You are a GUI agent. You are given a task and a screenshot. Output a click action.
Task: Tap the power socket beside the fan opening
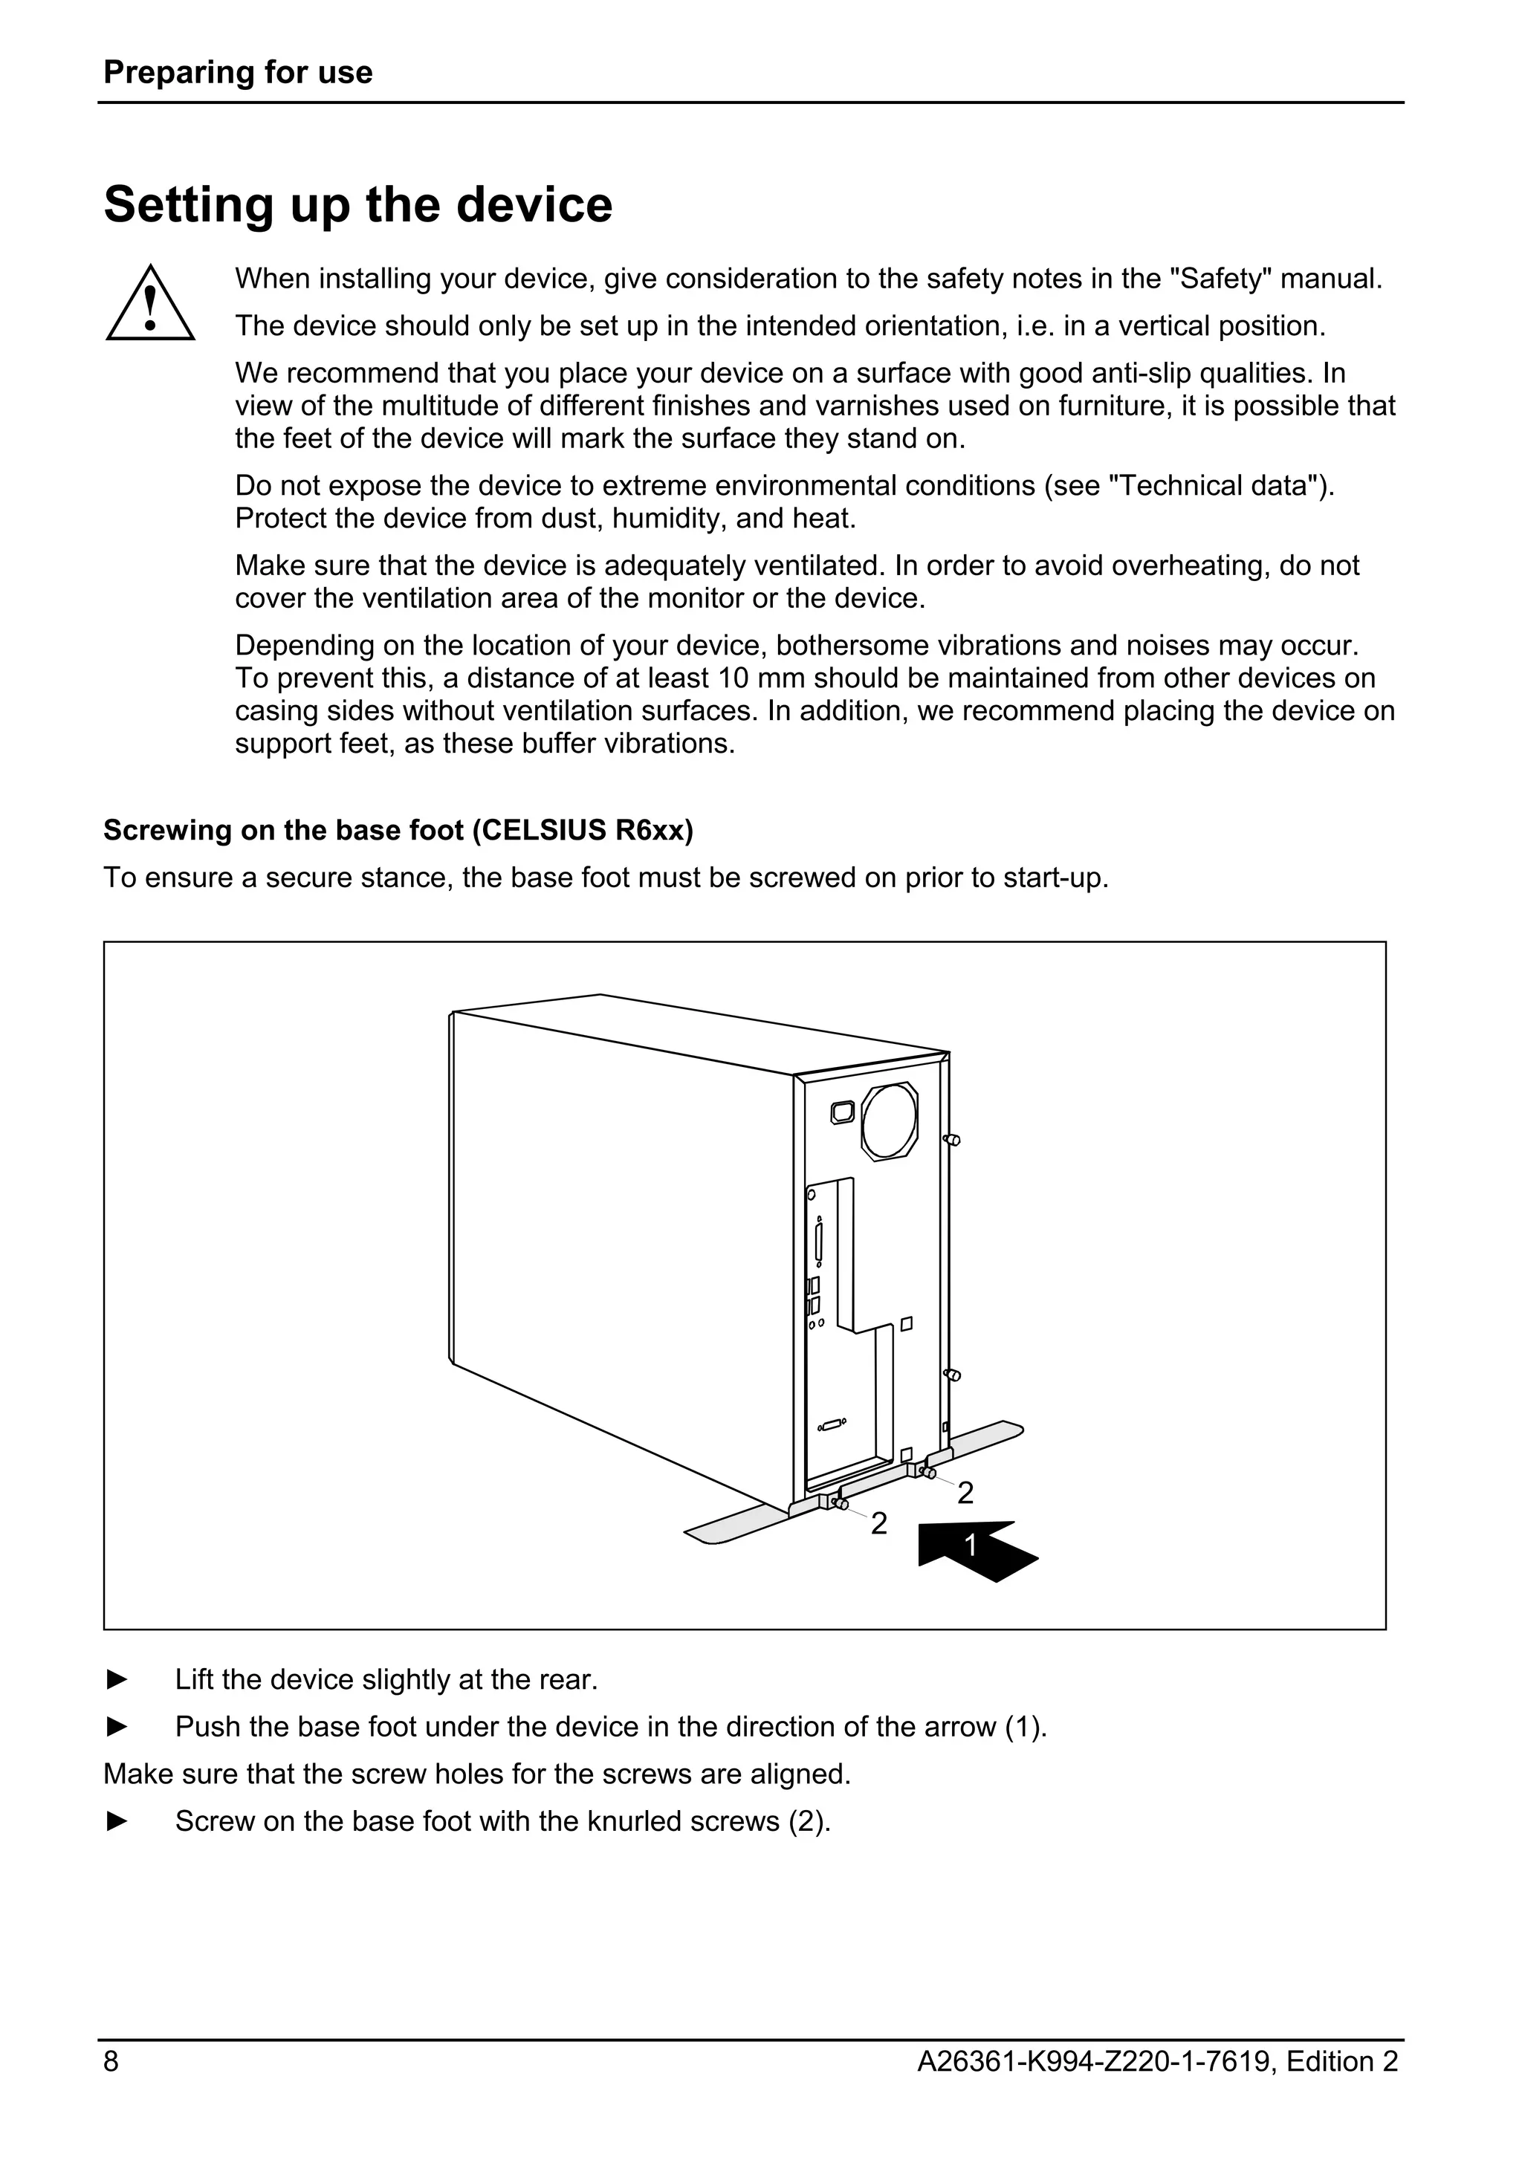[x=843, y=1112]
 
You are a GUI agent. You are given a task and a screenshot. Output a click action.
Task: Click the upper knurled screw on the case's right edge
[x=952, y=1141]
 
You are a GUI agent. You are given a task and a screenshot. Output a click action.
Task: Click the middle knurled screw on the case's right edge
[x=952, y=1375]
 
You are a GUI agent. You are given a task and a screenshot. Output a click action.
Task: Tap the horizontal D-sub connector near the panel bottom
[x=832, y=1425]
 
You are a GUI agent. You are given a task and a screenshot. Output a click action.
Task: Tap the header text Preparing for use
[x=238, y=72]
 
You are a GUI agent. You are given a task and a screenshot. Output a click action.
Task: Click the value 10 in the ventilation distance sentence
[x=734, y=678]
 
